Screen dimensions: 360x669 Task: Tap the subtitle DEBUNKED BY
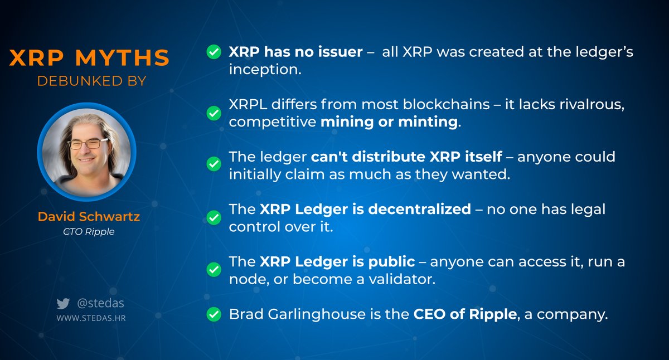91,81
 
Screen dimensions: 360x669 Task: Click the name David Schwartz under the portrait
89,217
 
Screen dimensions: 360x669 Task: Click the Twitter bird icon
63,304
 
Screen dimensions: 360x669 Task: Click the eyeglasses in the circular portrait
89,144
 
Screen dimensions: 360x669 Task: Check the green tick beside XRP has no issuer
213,52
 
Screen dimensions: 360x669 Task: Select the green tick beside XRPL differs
213,113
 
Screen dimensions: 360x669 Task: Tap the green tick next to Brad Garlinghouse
213,314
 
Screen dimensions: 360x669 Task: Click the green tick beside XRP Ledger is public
213,270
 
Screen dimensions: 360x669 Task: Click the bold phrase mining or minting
389,122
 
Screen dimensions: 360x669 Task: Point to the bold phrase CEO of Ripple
464,314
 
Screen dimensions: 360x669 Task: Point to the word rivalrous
588,105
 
